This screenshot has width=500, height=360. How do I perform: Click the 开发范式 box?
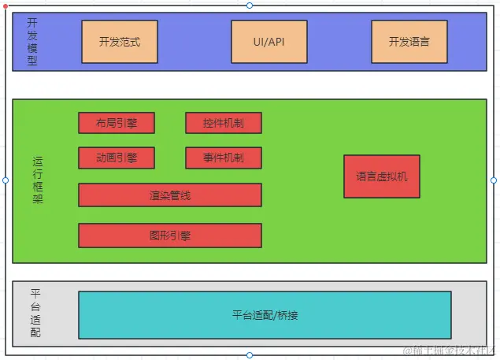[x=120, y=42]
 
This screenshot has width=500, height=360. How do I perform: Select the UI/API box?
[x=269, y=42]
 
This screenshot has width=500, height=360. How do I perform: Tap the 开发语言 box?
[x=409, y=42]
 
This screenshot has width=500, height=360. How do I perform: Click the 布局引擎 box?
[x=117, y=123]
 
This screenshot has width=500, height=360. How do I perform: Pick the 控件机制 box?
[x=223, y=123]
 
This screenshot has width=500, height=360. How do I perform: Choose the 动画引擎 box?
[x=117, y=158]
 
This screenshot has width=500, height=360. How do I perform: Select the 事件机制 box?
[x=223, y=158]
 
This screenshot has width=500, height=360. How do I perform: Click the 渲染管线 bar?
[x=169, y=195]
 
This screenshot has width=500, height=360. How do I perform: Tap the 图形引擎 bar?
[x=169, y=235]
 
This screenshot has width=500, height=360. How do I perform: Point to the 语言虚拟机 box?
[x=381, y=176]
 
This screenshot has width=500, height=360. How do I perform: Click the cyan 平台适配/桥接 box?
[x=265, y=315]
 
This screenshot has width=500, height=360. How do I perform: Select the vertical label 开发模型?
[x=31, y=41]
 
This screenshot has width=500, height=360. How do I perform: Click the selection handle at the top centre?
[x=250, y=6]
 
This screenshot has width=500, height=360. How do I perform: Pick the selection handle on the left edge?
[x=6, y=180]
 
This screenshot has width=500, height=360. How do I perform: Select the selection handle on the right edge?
[x=494, y=180]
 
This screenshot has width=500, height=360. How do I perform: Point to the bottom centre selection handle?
[x=250, y=355]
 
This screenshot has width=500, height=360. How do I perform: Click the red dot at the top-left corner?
[x=6, y=6]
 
